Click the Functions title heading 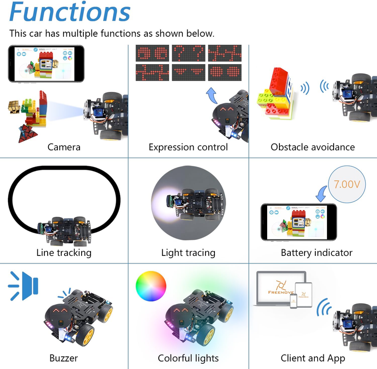[x=70, y=12]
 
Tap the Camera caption [x=64, y=147]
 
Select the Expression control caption [x=188, y=147]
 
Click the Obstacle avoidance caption [x=312, y=147]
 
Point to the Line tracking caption [x=64, y=253]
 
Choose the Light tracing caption [x=188, y=253]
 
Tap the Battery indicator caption [x=316, y=253]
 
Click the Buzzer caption [x=64, y=358]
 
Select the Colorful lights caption [x=188, y=358]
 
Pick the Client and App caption [x=312, y=358]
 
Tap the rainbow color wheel [x=151, y=287]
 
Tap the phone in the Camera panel [x=46, y=64]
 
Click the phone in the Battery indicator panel [x=298, y=222]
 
